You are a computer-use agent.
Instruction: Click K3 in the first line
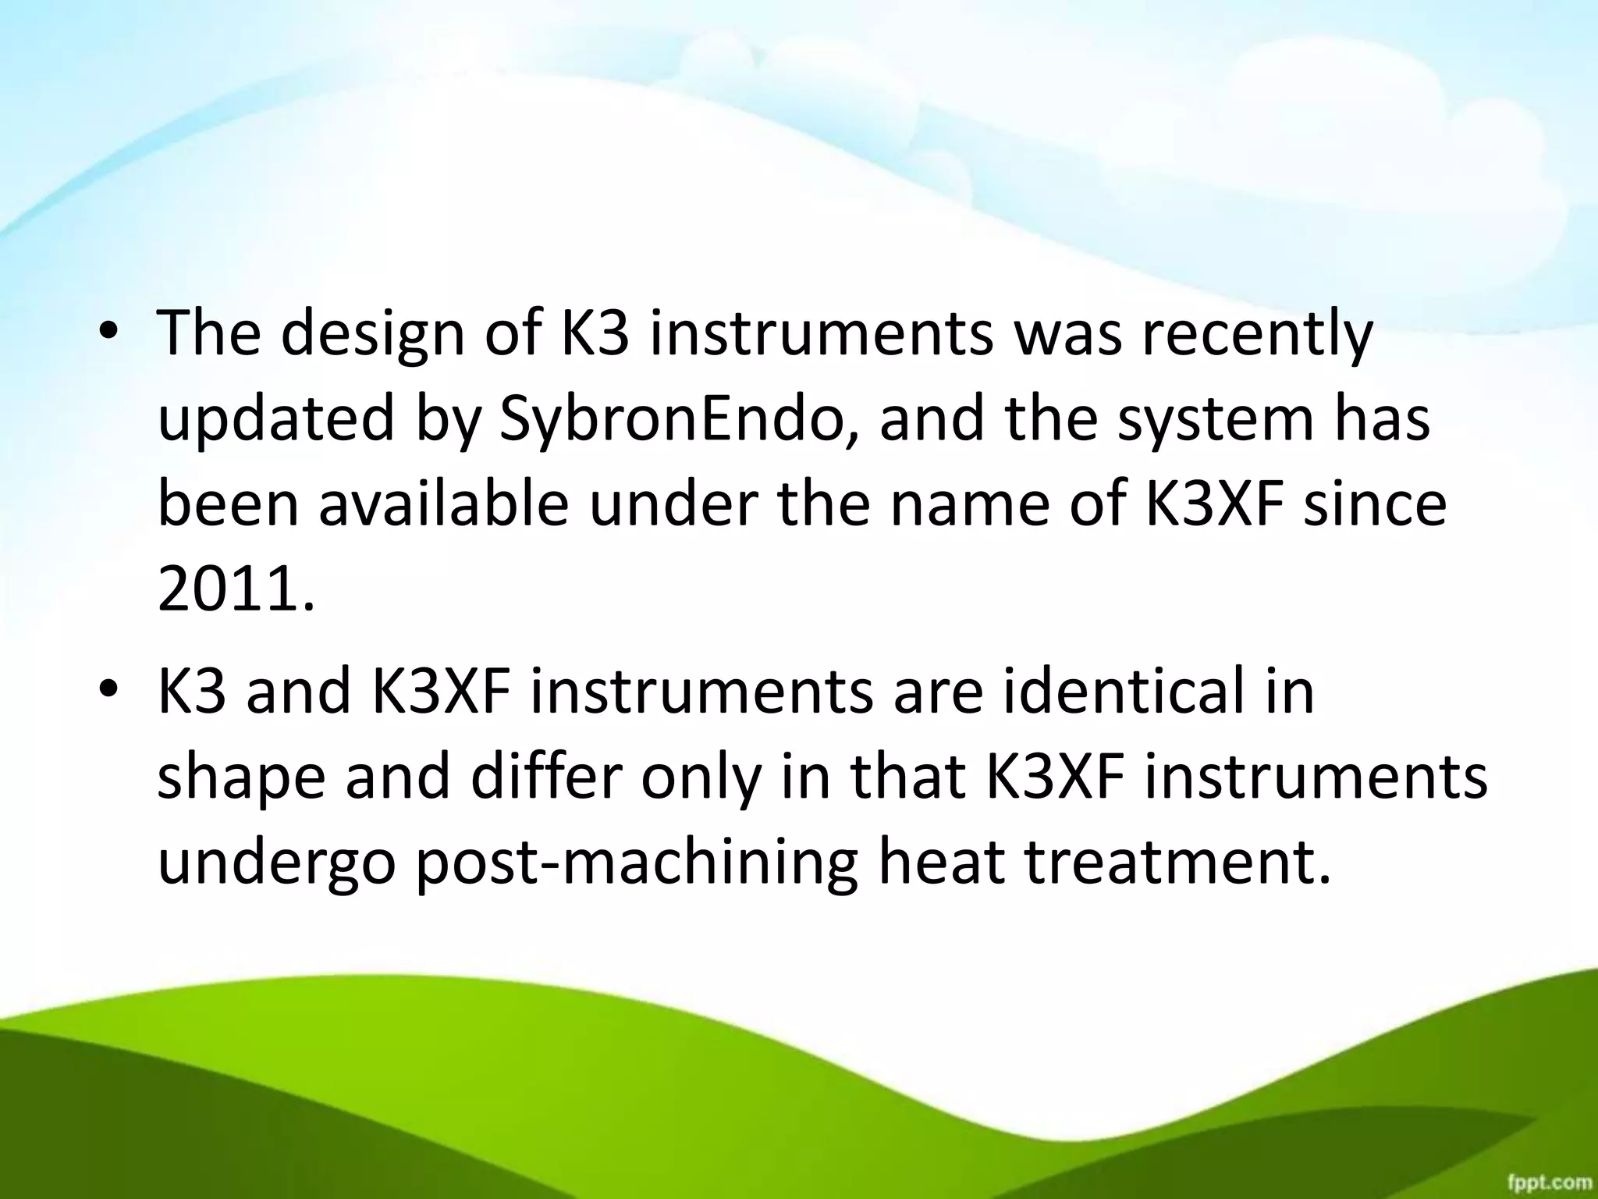595,334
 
